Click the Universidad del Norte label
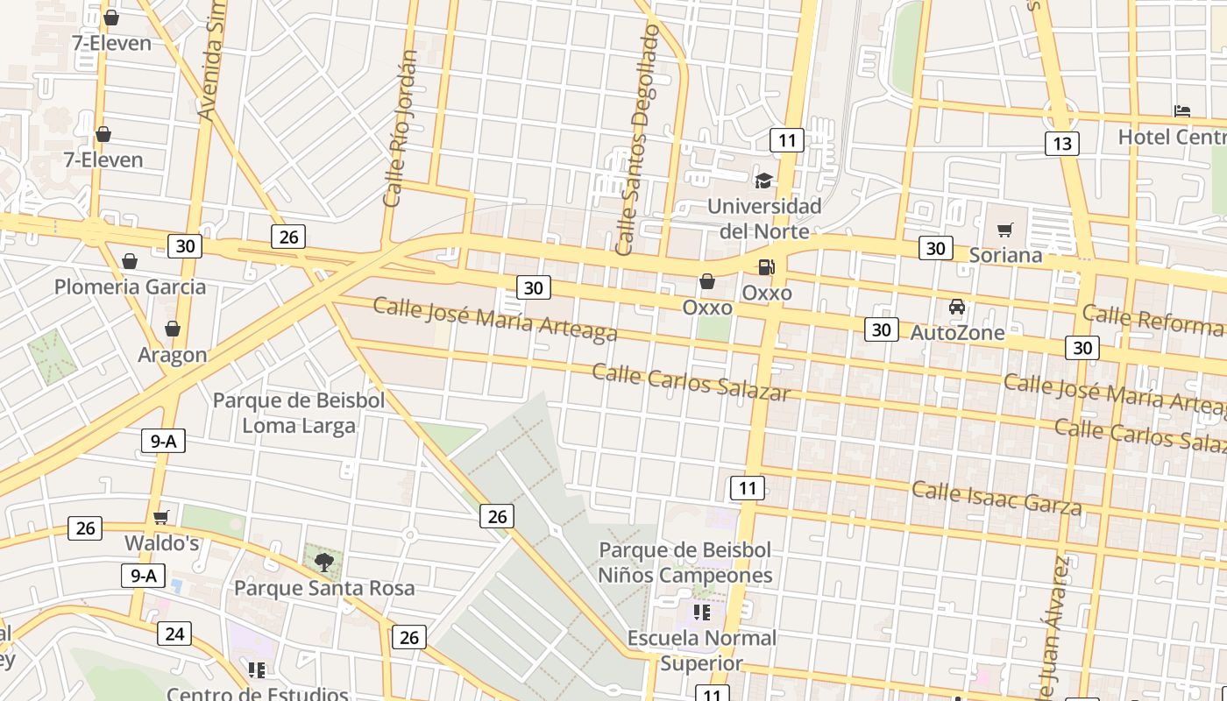coord(764,219)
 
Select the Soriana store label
coord(1005,255)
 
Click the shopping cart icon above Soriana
coord(1005,230)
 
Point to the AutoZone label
coord(957,333)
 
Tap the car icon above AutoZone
coord(957,307)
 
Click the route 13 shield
coord(1061,144)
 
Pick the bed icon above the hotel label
coord(1182,111)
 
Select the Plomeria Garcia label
coord(131,287)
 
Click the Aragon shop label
coord(173,355)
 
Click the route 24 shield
coord(174,634)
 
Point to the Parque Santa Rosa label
coord(324,587)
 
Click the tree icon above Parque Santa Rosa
coord(324,562)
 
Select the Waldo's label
coord(161,543)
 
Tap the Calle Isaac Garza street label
coord(996,497)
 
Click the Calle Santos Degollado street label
coord(637,140)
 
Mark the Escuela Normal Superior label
coord(701,650)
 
